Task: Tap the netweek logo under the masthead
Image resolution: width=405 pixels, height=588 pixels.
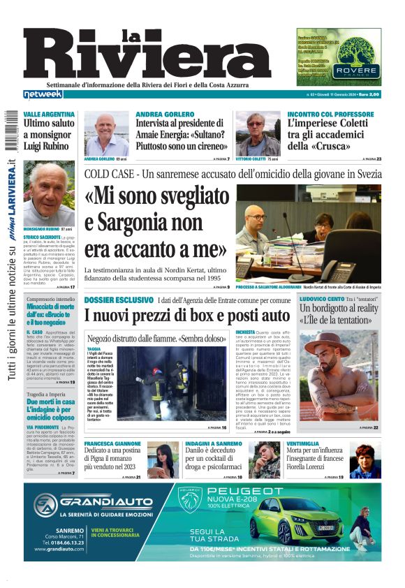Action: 43,94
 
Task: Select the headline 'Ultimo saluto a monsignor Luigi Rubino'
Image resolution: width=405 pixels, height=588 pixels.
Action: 49,133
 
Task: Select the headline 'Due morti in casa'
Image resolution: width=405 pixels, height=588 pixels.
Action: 50,402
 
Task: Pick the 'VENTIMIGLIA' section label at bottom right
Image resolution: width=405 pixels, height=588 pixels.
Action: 307,444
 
